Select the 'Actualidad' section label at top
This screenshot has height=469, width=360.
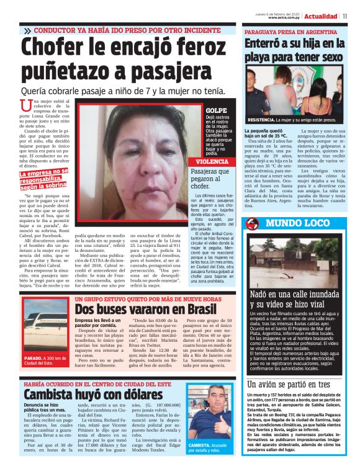322,15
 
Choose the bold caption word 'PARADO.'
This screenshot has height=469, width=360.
33,359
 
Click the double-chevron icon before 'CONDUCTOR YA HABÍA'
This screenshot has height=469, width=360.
27,30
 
